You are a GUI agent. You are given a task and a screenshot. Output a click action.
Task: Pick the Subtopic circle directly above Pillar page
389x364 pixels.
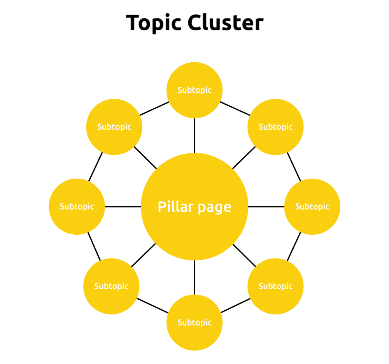(x=194, y=90)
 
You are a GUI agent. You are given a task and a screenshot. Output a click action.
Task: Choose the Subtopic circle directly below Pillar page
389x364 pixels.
(x=194, y=322)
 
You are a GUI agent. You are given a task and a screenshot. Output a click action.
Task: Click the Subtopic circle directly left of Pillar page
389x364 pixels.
(x=77, y=206)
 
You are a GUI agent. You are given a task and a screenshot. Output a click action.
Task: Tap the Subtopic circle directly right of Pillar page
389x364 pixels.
(x=312, y=206)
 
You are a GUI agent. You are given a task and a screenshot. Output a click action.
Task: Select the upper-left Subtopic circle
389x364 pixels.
(x=114, y=127)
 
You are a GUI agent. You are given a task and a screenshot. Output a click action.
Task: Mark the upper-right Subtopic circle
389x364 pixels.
(x=275, y=127)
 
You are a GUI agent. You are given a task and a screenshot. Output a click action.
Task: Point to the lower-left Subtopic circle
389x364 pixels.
(x=111, y=286)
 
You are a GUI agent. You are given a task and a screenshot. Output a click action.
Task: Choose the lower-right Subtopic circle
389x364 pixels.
(x=275, y=286)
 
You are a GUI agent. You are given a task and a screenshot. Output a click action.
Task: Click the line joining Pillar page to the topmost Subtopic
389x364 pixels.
(x=194, y=135)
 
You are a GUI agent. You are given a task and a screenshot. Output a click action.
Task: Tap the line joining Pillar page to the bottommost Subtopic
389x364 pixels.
(x=194, y=277)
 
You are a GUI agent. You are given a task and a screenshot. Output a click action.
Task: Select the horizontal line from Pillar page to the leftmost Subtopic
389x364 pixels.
(x=123, y=206)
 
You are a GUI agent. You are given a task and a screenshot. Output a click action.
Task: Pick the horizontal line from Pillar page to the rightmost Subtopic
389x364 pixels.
(x=266, y=206)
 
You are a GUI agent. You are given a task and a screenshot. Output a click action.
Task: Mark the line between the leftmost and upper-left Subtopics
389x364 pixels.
(x=96, y=167)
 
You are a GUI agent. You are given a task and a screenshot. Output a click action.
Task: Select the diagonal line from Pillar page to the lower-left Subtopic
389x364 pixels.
(x=144, y=255)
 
